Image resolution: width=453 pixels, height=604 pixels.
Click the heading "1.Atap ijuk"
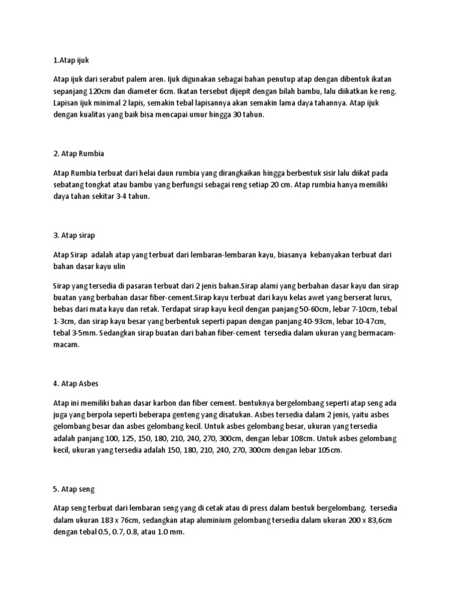coord(70,60)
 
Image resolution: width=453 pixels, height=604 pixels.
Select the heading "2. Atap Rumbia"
coord(78,154)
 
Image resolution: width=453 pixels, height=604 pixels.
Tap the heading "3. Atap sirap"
coord(75,236)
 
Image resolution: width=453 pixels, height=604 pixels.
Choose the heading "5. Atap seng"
coord(74,489)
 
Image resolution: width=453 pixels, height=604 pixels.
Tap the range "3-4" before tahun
coord(122,197)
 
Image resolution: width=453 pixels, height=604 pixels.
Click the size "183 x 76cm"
coord(116,520)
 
